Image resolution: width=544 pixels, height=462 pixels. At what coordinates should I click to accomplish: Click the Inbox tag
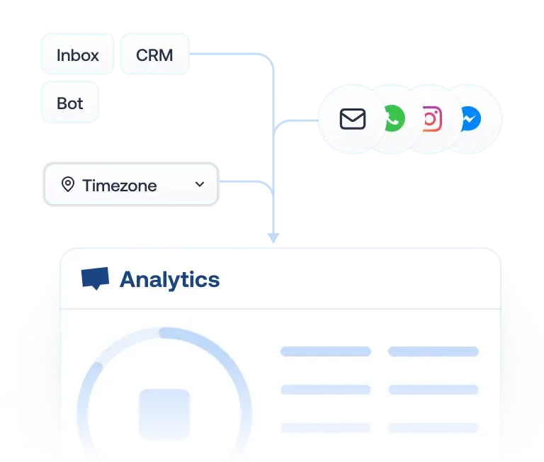[77, 55]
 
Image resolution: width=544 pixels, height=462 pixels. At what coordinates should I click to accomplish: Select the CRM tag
[154, 55]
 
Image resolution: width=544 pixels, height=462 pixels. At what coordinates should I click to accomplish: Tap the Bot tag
[69, 103]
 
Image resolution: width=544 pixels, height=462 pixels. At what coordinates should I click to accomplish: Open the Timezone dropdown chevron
[200, 184]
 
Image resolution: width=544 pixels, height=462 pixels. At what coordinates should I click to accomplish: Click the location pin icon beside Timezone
[68, 185]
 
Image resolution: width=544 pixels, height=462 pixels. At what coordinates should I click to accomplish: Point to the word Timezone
[119, 186]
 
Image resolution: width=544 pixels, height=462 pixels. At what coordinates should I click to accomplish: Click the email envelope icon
[352, 119]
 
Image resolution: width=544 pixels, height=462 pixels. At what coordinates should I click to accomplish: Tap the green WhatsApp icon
[392, 119]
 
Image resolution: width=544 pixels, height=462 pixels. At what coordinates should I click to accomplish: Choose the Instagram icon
[431, 119]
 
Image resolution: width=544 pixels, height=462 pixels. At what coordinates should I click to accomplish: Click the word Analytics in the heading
[169, 280]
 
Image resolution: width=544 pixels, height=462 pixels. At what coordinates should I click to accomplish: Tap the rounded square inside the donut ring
[164, 414]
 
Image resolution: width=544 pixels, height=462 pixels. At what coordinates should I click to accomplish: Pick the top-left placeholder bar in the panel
[326, 351]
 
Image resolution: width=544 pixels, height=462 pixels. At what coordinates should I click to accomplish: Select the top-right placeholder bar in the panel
[433, 351]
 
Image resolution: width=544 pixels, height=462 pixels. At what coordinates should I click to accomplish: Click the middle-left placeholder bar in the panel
[326, 390]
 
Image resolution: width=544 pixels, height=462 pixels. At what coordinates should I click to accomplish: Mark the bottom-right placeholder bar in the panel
[433, 428]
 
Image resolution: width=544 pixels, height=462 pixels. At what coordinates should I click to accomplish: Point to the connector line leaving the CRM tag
[227, 55]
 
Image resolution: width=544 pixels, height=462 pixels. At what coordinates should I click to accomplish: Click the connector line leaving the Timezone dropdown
[241, 183]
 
